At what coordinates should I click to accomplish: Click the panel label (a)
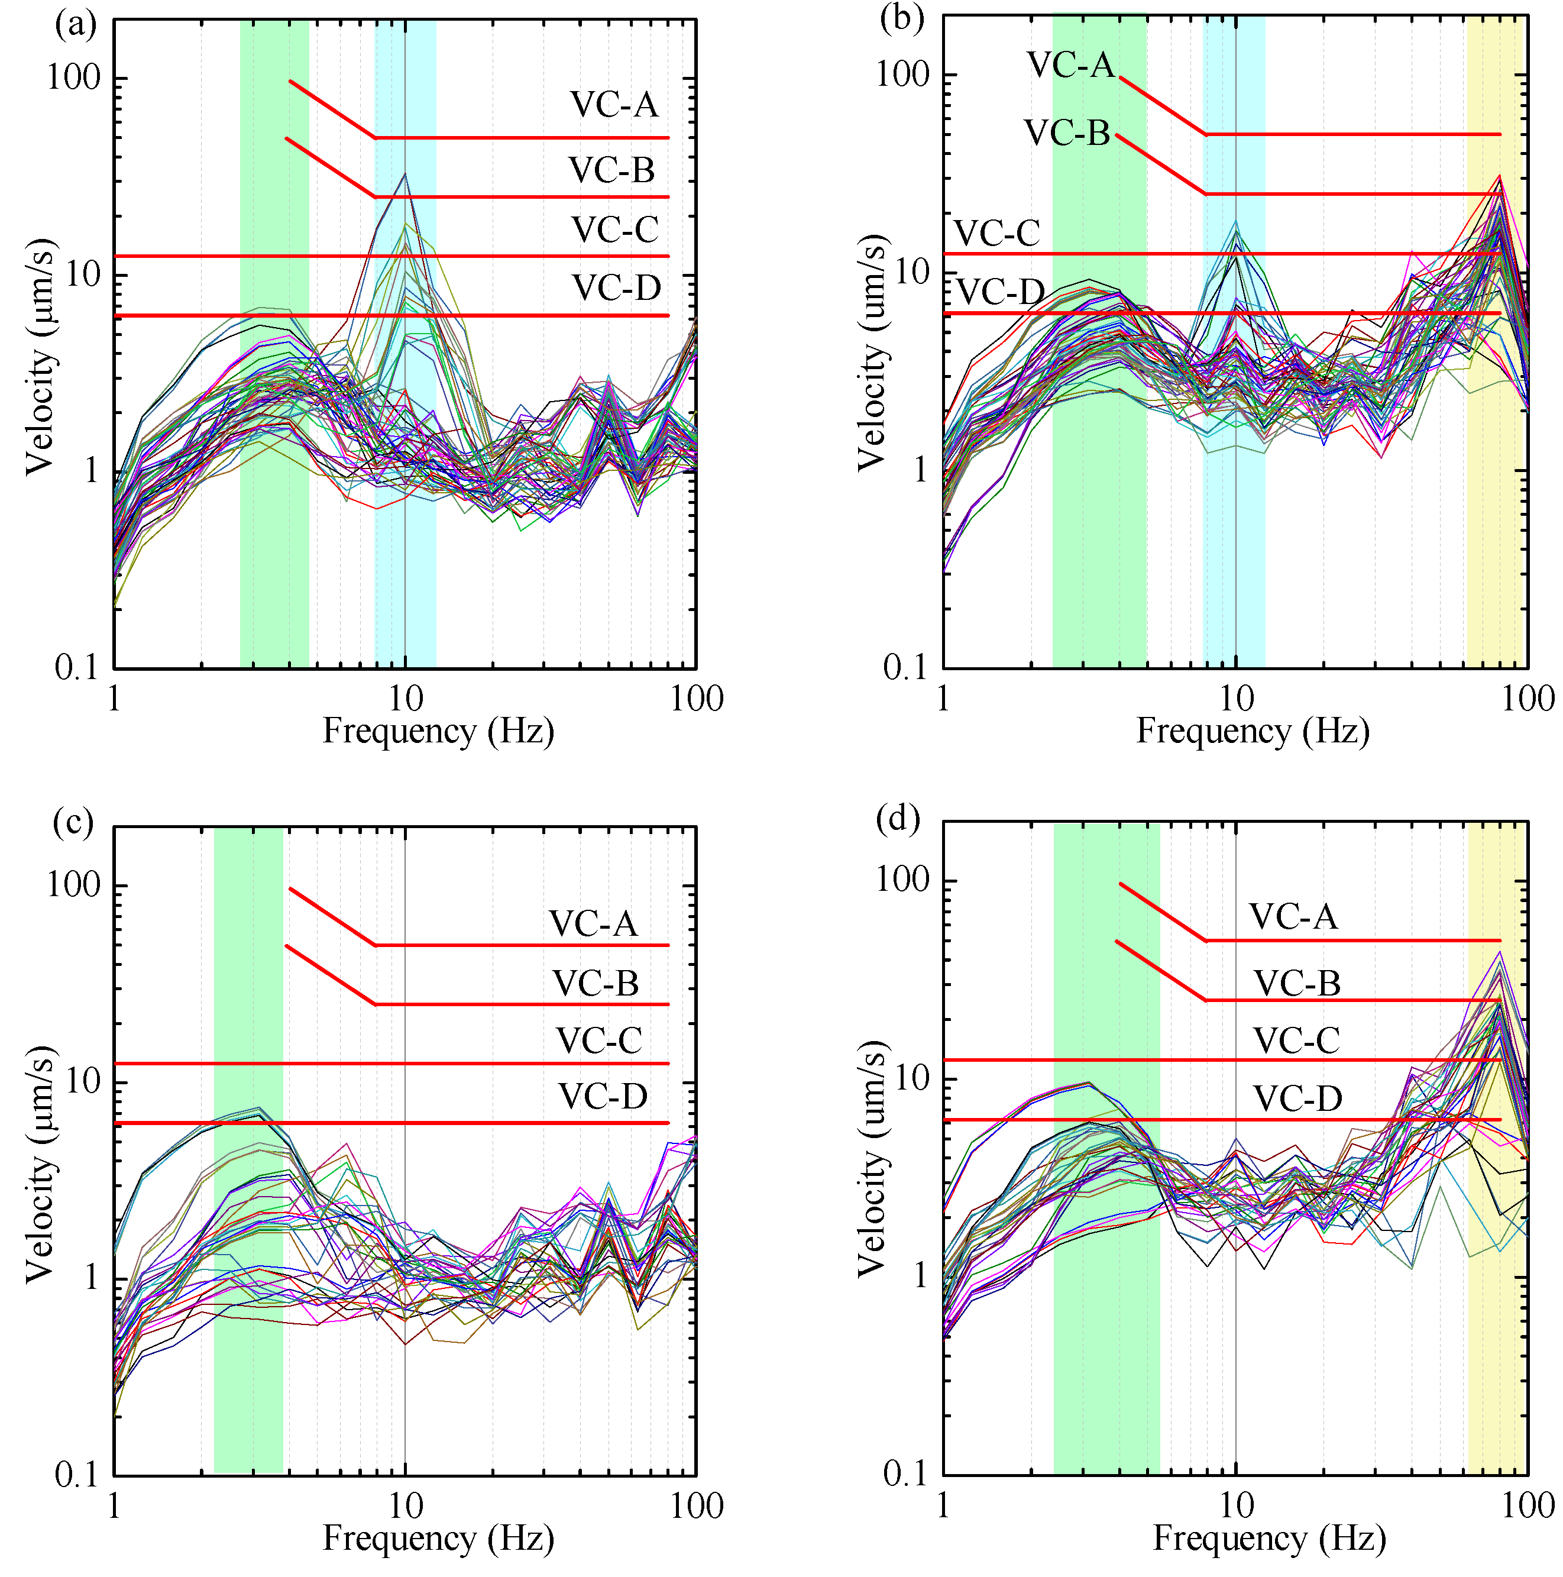coord(75,24)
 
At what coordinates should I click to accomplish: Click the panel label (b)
coord(902,18)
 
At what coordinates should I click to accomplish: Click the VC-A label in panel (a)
coord(614,105)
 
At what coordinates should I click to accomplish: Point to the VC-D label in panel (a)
coord(616,288)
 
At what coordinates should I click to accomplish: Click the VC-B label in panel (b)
coord(1067,133)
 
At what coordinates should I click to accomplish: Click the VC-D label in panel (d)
coord(1297,1098)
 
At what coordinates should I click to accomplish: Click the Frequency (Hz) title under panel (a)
coord(438,731)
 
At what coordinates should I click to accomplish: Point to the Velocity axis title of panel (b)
coord(871,353)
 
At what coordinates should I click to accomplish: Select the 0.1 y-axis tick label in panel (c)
coord(76,1474)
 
